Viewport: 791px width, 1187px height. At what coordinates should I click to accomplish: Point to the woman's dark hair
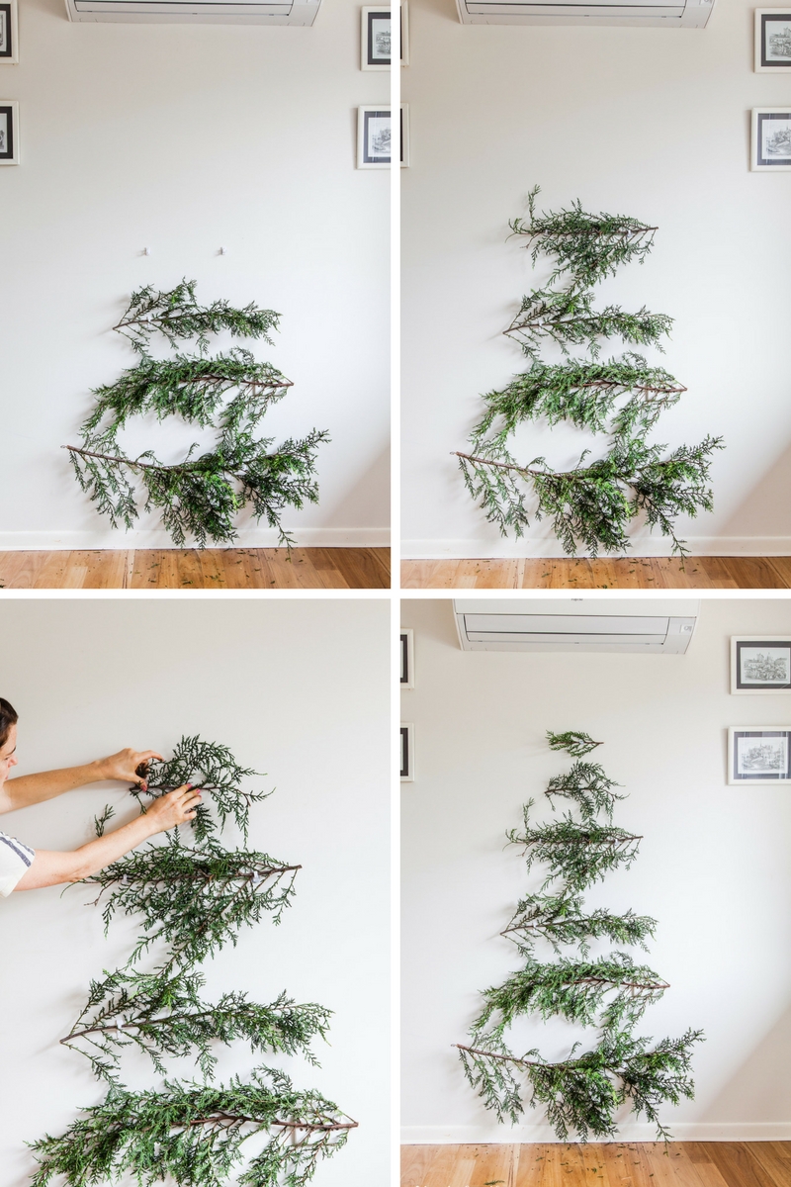(6, 717)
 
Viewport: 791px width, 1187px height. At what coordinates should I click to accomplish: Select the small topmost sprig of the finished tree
(574, 740)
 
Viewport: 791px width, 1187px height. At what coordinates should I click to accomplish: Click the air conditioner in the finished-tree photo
(575, 626)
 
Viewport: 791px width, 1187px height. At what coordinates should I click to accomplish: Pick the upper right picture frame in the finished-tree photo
(760, 665)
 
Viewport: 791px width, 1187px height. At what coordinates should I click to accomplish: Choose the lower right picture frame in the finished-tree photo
(759, 755)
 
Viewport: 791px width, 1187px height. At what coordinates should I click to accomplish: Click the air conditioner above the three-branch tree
(194, 11)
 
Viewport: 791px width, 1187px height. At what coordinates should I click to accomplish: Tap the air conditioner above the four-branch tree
(585, 12)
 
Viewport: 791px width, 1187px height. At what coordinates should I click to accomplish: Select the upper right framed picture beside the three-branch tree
(376, 38)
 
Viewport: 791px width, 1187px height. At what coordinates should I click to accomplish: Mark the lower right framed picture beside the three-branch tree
(374, 137)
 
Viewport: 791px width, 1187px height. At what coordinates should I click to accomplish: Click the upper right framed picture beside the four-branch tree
(772, 40)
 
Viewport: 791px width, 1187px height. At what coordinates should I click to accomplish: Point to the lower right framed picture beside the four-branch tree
(771, 139)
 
